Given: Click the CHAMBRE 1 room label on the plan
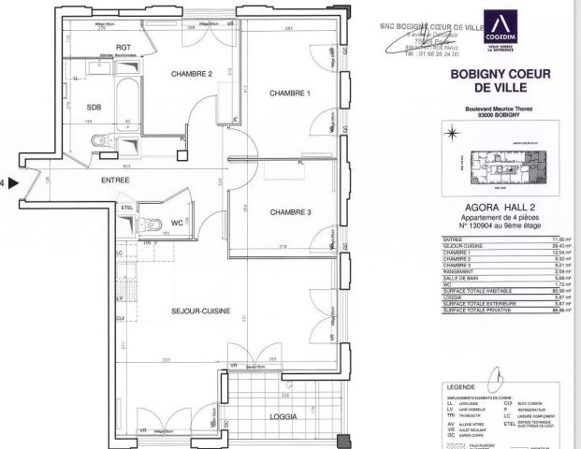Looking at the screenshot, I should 289,93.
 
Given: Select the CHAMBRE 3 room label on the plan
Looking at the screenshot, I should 290,212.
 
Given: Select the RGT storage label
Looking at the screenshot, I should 122,46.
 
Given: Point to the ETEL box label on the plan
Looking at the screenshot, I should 127,208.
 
